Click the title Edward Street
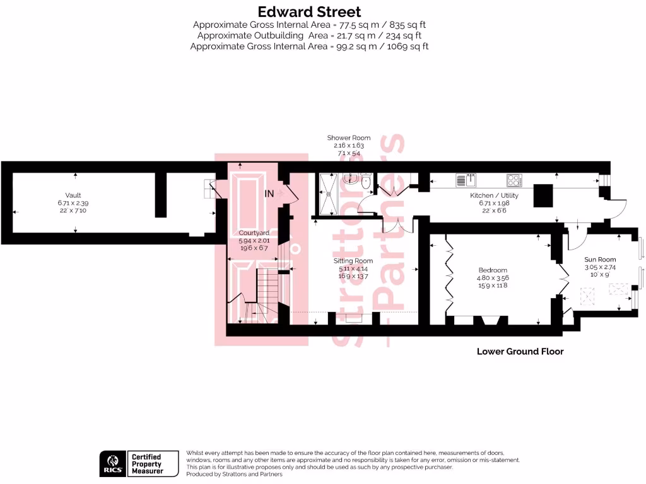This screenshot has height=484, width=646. point(309,11)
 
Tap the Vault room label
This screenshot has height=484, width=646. point(73,195)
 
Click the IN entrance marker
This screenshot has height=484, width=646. point(269,193)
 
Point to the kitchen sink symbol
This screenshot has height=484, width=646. point(466,180)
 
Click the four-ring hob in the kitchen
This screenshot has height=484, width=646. point(514,180)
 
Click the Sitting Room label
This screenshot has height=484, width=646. point(353,260)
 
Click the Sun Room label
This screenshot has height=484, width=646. point(599,259)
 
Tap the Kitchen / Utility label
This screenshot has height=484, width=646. point(494,195)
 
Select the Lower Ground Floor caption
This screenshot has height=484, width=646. point(520,351)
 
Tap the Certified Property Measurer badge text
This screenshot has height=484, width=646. point(146,464)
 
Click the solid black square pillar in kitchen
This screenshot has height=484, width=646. point(544,195)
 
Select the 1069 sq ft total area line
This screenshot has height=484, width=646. point(309,46)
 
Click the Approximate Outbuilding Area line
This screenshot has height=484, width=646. point(309,35)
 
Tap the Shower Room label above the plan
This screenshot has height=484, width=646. point(348,137)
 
